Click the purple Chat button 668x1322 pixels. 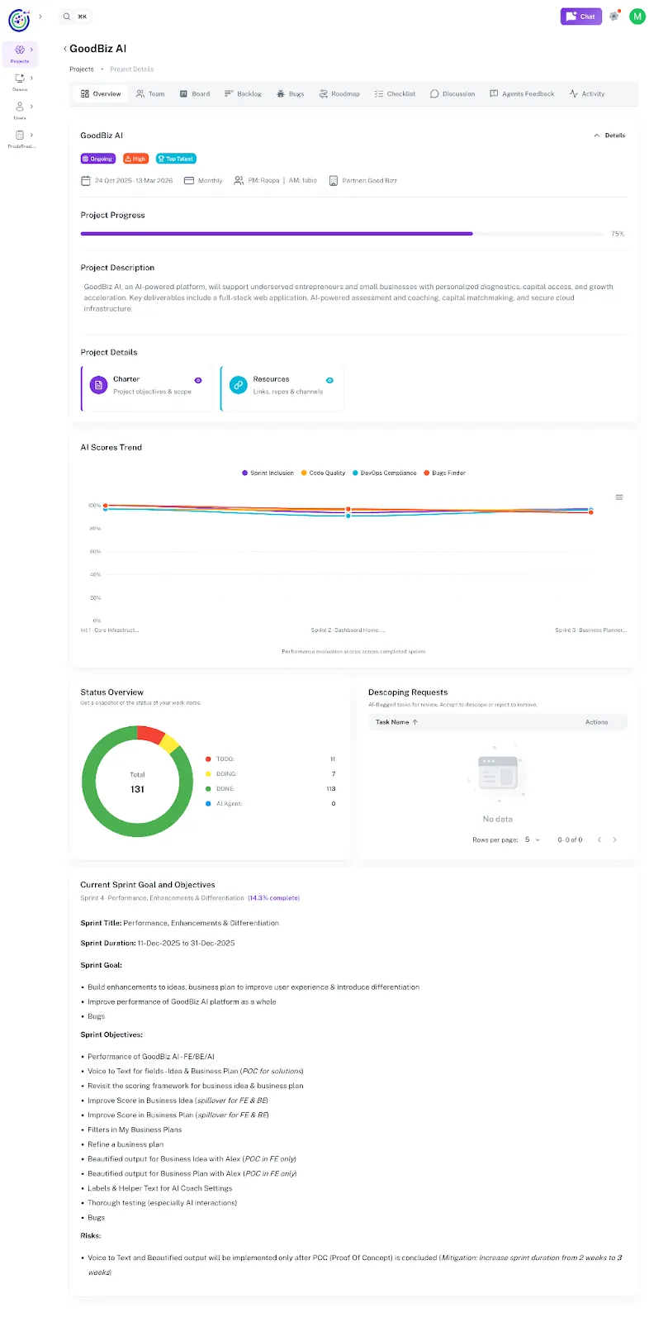(x=580, y=17)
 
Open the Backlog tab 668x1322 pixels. (x=243, y=94)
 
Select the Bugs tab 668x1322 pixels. (x=291, y=94)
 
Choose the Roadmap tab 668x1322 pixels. (x=339, y=94)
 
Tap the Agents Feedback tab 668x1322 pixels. (x=522, y=94)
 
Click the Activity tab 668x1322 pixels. (x=587, y=94)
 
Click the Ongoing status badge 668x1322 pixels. (x=97, y=159)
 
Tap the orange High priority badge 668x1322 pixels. (x=135, y=159)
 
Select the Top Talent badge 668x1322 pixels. (x=176, y=159)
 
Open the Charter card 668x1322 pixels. (x=147, y=386)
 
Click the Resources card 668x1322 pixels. (x=282, y=386)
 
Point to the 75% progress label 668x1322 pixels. (x=618, y=234)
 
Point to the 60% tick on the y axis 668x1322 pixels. (x=95, y=551)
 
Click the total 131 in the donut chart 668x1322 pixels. (x=137, y=789)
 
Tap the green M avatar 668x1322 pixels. (x=637, y=17)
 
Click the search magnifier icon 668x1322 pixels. (x=67, y=17)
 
